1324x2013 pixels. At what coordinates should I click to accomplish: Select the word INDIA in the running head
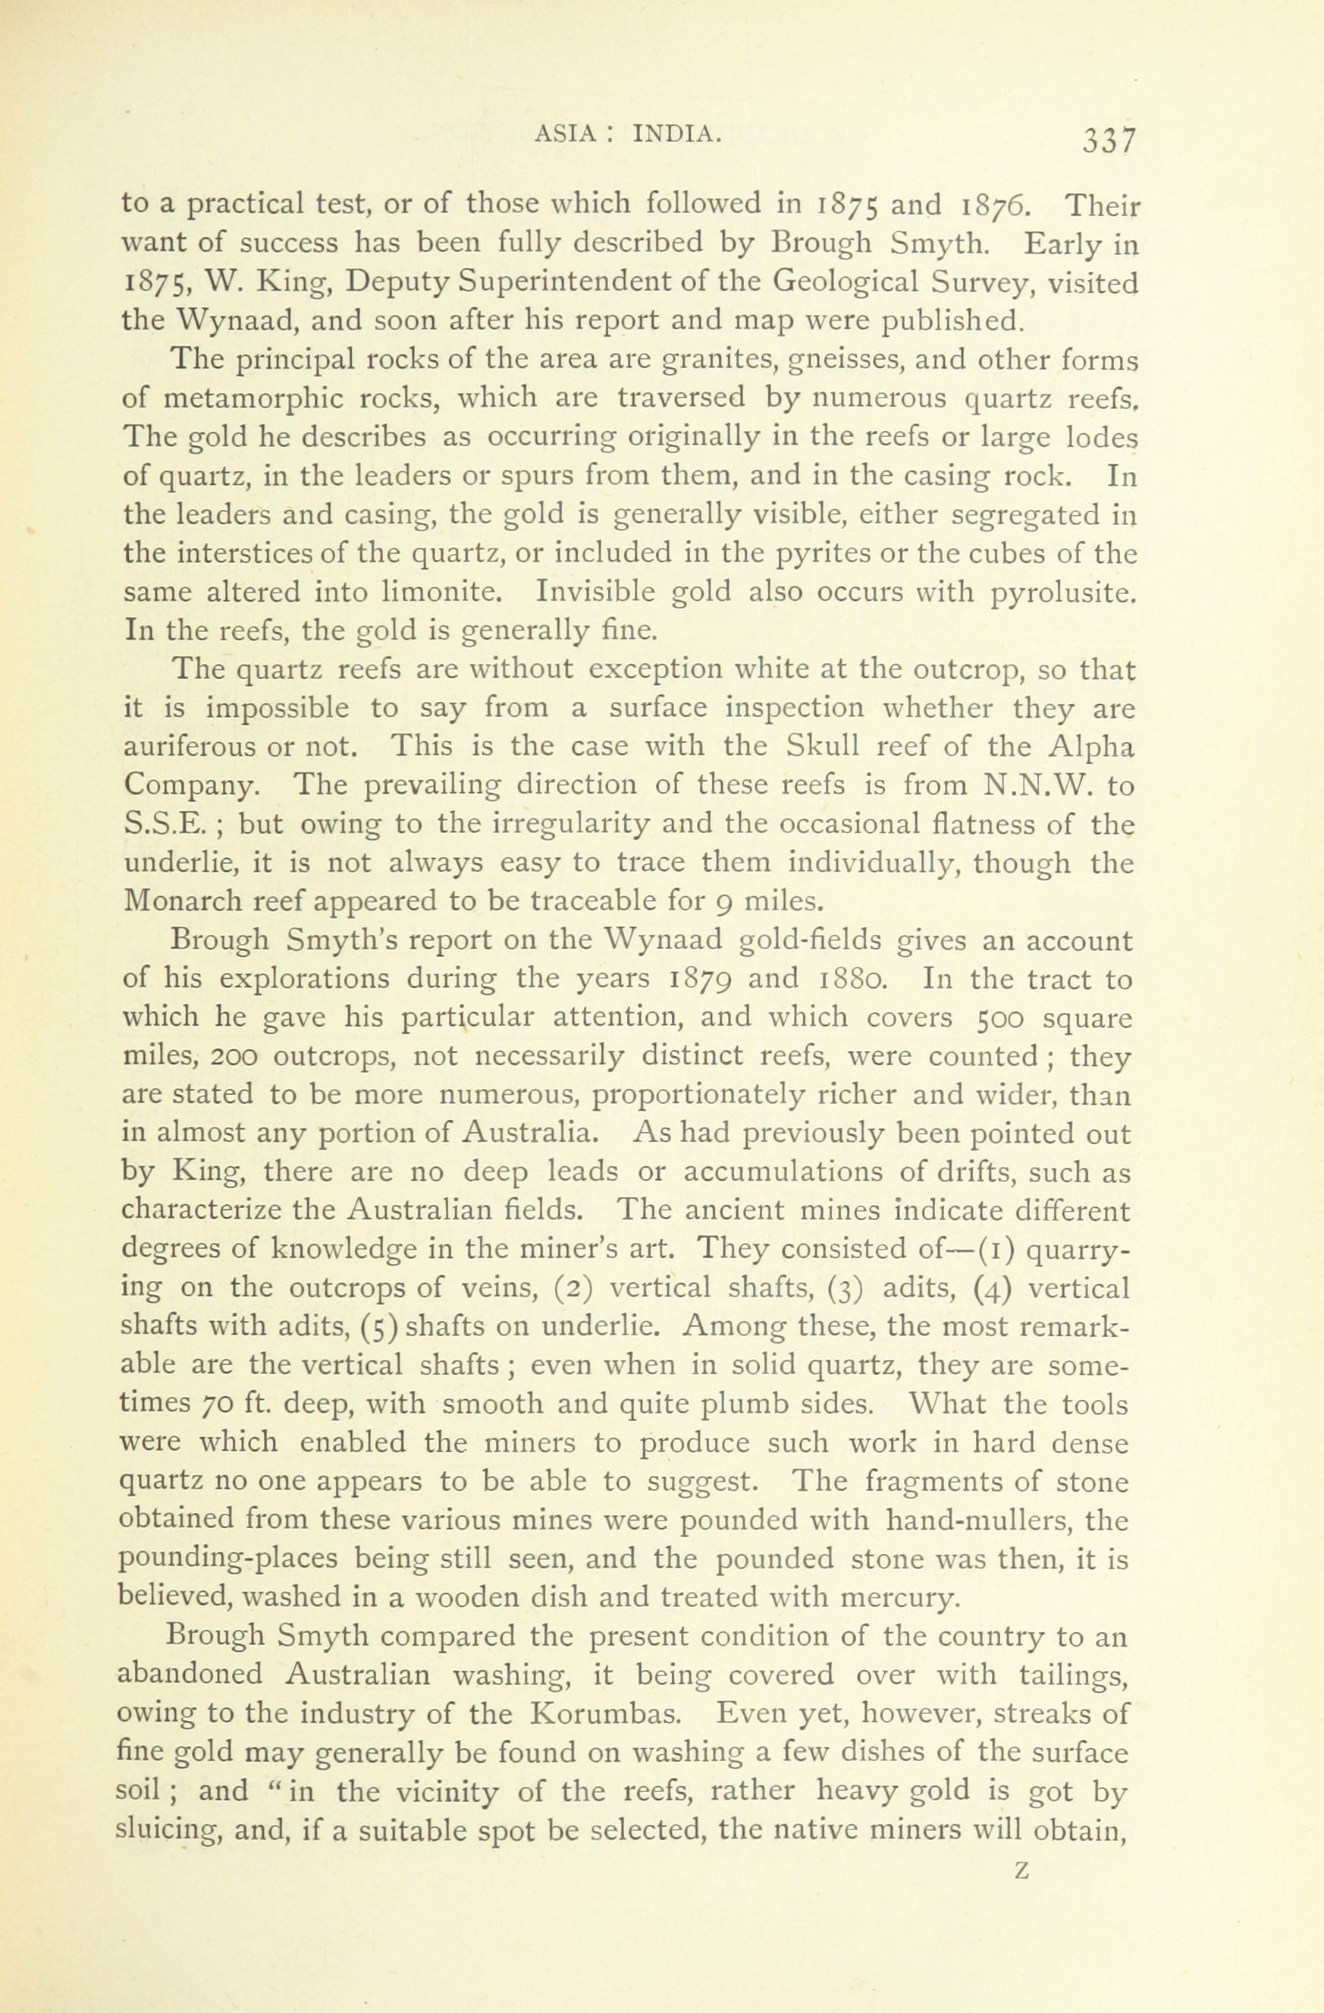[677, 132]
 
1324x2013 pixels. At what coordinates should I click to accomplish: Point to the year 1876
[997, 206]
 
